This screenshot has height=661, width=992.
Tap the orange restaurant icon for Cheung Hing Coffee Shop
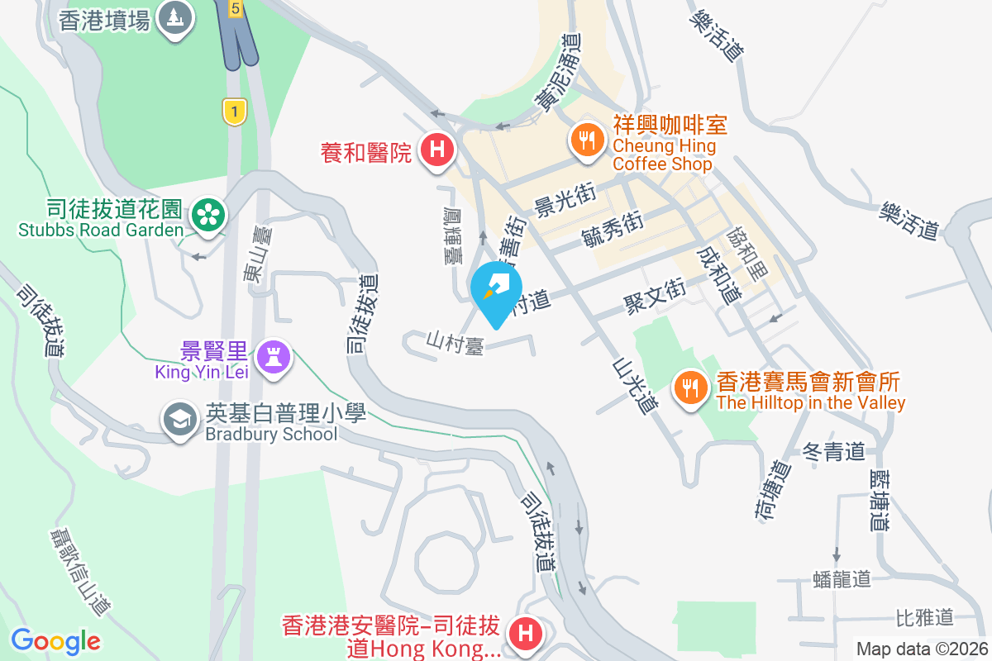[587, 139]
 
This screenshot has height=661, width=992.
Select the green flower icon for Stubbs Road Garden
[208, 215]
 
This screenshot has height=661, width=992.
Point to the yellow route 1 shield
[236, 111]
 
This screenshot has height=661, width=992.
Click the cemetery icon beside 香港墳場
[174, 15]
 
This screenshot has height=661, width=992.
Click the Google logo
[55, 640]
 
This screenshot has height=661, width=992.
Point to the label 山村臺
[455, 342]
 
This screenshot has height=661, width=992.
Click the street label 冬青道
[833, 452]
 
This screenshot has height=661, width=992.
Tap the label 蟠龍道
[842, 578]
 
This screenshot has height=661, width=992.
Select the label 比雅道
[925, 616]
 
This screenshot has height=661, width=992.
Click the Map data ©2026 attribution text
[922, 649]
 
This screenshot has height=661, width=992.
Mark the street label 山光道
[635, 385]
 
